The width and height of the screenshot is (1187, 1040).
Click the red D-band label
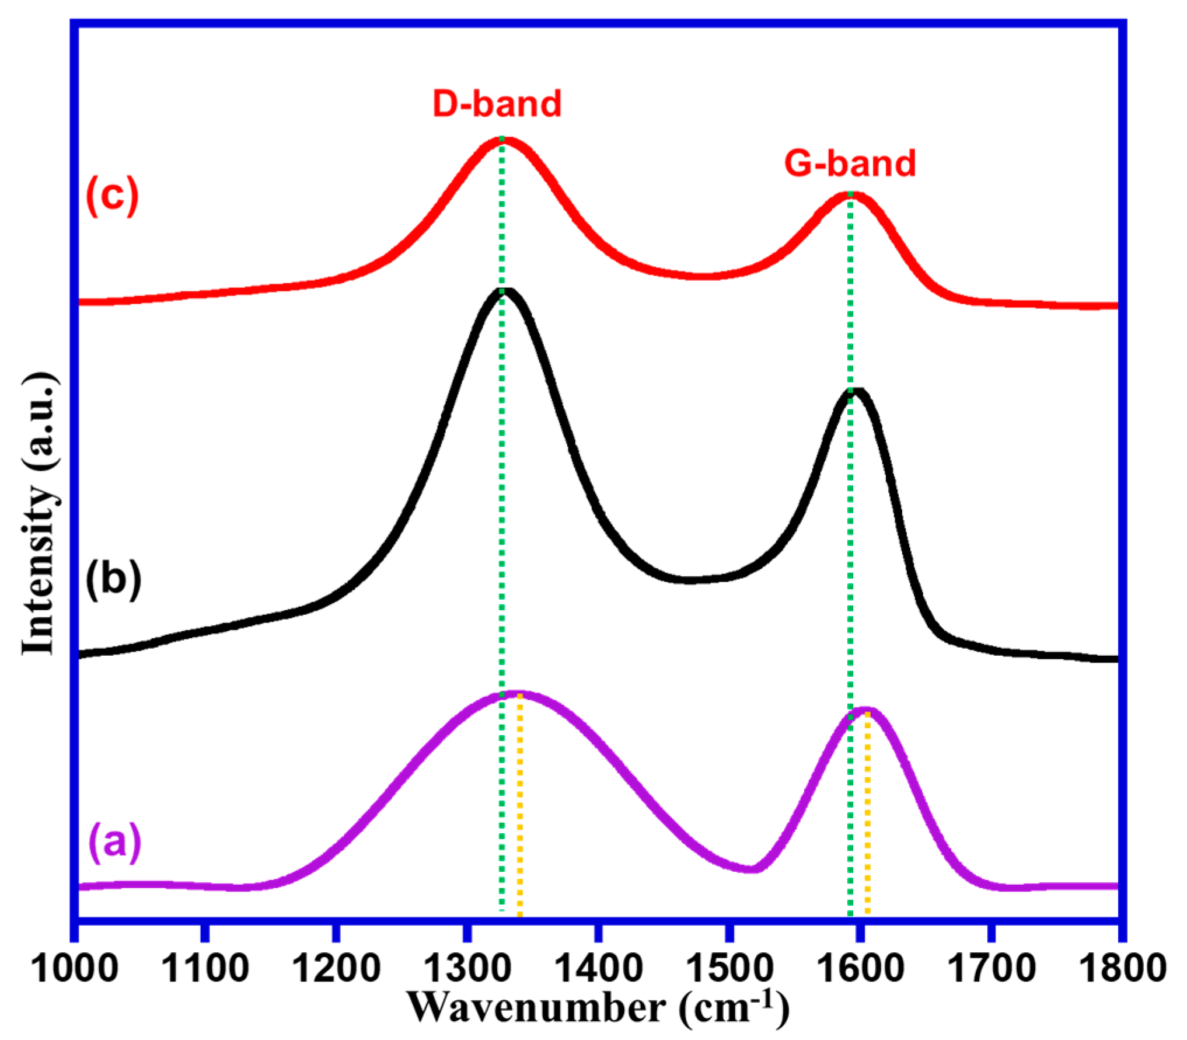click(497, 104)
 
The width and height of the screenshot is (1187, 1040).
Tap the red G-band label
click(850, 164)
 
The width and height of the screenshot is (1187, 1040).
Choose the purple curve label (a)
click(114, 841)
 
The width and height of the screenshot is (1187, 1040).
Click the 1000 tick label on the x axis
click(74, 968)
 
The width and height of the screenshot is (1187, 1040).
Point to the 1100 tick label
click(204, 968)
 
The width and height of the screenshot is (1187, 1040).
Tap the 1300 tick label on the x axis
click(466, 968)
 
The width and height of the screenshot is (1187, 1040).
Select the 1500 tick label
click(728, 968)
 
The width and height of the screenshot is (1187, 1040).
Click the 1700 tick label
click(990, 968)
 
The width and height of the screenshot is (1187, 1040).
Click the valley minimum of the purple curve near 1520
click(753, 868)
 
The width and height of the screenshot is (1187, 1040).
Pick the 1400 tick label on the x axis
click(597, 968)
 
